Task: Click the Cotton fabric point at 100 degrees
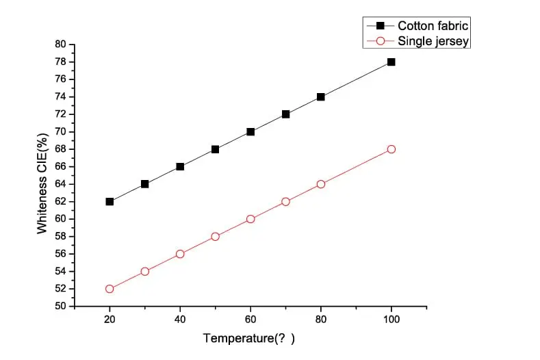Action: [x=391, y=62]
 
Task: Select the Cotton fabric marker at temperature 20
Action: [x=110, y=201]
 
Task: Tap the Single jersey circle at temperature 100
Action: [x=391, y=149]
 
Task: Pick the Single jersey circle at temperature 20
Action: [x=110, y=289]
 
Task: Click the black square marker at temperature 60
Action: [x=250, y=131]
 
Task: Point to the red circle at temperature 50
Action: [x=215, y=237]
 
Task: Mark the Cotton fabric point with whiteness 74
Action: [x=320, y=97]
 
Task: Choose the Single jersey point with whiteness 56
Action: [x=180, y=254]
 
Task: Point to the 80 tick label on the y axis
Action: [x=60, y=44]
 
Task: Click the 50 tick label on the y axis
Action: [x=60, y=307]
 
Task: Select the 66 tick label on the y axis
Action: [x=60, y=167]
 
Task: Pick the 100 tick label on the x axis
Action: [x=391, y=319]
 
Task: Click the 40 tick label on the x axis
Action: [x=180, y=319]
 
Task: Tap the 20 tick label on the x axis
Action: [x=110, y=319]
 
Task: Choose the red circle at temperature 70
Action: [x=285, y=201]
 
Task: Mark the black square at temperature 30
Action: [x=144, y=184]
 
